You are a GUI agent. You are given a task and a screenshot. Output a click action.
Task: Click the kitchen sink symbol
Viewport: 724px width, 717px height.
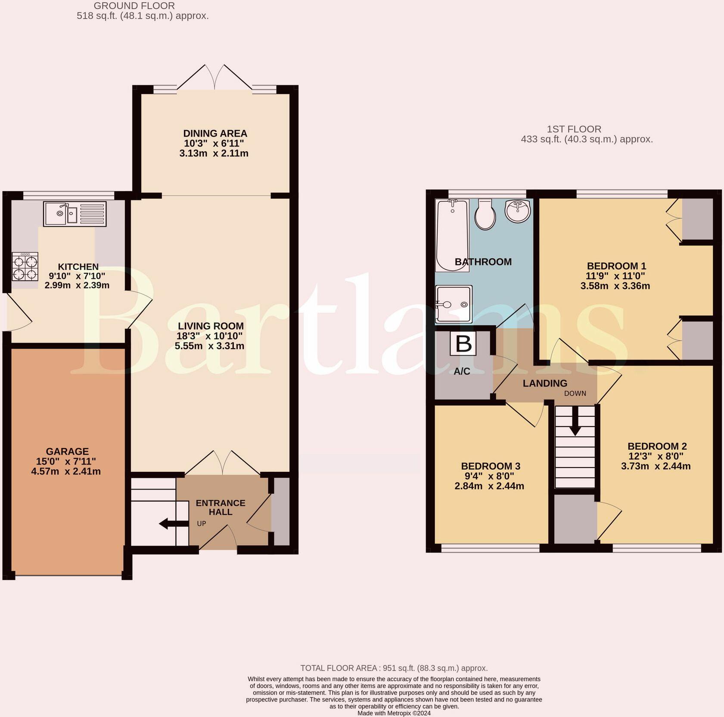75,214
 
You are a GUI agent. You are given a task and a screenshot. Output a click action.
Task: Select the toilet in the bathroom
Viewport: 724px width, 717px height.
485,214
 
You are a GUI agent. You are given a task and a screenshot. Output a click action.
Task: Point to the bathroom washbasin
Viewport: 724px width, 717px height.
518,212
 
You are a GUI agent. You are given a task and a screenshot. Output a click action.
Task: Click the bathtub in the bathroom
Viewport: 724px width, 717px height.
452,235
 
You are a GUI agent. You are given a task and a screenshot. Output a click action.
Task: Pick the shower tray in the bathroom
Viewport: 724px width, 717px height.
454,304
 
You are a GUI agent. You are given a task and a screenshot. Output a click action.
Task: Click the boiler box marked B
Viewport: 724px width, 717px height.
463,344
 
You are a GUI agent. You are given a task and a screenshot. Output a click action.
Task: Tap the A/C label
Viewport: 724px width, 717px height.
462,371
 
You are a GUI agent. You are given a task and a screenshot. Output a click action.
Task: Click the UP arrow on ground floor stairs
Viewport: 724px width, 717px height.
174,524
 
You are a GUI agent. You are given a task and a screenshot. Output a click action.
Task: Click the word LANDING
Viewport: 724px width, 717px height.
545,383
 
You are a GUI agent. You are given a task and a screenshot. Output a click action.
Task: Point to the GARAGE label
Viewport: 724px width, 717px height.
67,452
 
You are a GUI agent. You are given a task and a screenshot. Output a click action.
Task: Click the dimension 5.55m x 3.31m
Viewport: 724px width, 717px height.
209,346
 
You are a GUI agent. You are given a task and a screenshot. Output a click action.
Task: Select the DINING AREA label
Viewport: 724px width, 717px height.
215,134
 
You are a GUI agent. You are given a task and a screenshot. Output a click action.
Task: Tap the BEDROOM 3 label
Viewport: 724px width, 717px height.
491,466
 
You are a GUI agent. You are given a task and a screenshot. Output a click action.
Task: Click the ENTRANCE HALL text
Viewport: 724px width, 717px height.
221,508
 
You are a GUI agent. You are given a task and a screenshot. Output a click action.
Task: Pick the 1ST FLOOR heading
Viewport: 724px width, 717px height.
574,129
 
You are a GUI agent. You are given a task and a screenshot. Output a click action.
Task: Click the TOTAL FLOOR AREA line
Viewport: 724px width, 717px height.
394,668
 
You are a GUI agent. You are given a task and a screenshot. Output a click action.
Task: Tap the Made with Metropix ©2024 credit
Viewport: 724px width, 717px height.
394,713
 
